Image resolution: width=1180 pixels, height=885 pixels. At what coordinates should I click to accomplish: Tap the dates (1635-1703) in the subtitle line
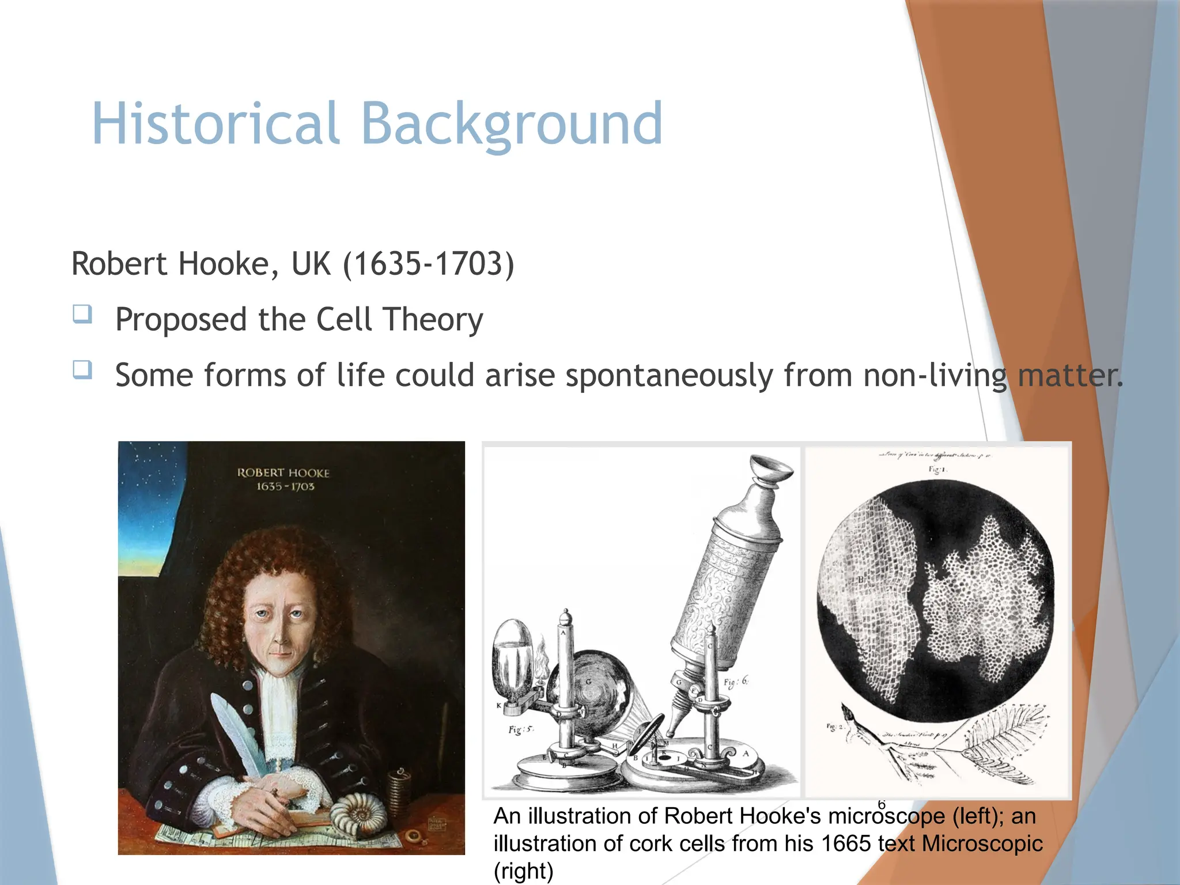(x=428, y=264)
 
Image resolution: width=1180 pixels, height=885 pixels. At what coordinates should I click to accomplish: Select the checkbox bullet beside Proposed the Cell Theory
(x=82, y=315)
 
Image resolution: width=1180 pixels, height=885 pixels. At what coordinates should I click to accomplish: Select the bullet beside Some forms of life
(x=82, y=370)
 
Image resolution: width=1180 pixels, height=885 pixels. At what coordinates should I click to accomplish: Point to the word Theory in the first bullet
(x=433, y=320)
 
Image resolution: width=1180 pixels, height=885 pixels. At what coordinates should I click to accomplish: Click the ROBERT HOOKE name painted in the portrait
(x=283, y=472)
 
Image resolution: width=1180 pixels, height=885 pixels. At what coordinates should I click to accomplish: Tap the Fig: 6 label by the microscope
(x=736, y=682)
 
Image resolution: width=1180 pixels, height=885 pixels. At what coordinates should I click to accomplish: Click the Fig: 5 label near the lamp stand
(x=521, y=729)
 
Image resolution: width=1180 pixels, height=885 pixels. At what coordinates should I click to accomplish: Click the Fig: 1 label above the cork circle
(x=937, y=470)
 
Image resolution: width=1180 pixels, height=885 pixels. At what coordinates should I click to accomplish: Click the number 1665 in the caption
(x=846, y=844)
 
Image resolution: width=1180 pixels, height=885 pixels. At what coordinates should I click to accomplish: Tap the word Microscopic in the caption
(x=982, y=844)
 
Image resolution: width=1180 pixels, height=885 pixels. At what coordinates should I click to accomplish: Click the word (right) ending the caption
(x=523, y=871)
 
